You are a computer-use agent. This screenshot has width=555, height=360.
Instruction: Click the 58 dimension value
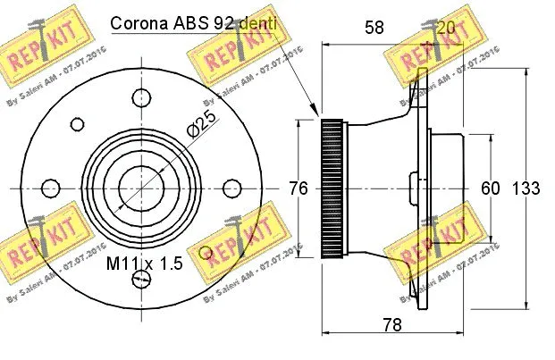pos(374,28)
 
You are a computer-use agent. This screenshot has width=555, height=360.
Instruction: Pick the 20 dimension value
pos(444,28)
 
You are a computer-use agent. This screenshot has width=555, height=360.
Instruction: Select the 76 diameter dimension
pos(299,188)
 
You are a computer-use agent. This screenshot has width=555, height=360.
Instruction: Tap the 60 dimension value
pos(491,188)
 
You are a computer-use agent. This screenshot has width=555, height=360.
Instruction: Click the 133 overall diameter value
pos(526,188)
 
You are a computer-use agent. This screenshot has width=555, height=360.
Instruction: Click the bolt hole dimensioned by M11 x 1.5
pos(140,280)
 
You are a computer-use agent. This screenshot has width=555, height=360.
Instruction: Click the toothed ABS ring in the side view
pos(332,188)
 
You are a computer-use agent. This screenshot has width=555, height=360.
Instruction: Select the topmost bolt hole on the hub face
pos(140,95)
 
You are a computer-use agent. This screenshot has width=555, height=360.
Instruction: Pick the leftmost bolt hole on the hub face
pos(51,188)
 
